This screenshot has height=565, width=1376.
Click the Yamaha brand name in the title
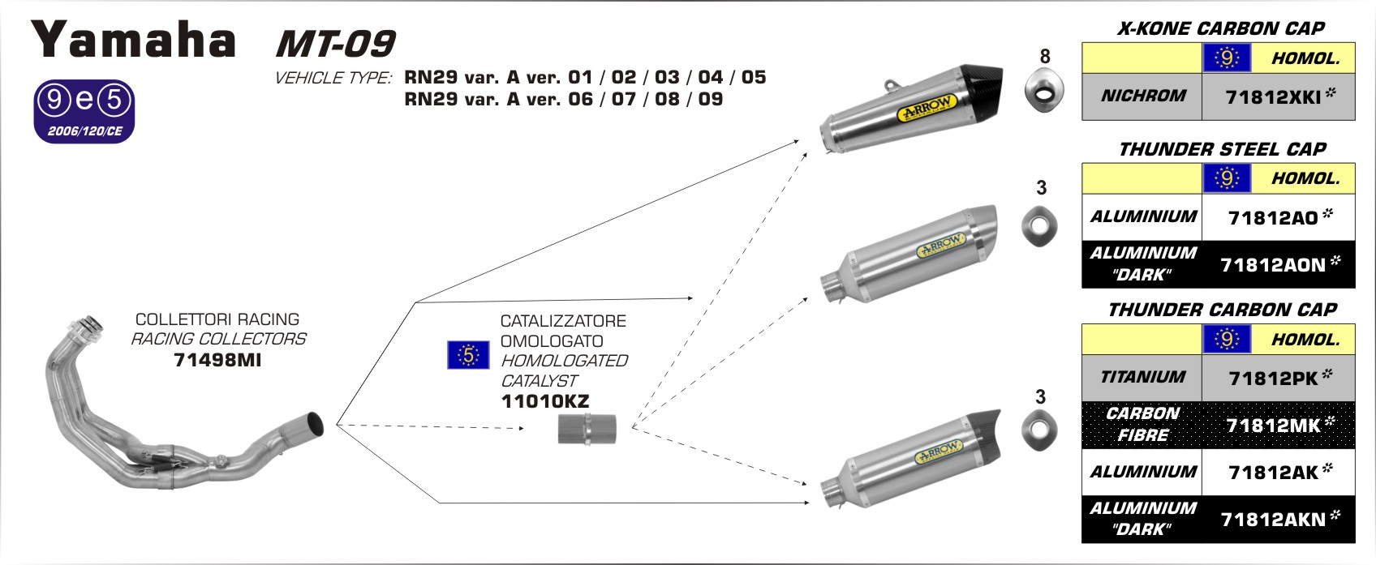(134, 40)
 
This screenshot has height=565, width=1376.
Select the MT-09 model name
(335, 44)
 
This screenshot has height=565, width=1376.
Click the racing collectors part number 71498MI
(217, 360)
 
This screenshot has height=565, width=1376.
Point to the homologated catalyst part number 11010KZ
(544, 401)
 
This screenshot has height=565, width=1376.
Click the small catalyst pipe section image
(587, 429)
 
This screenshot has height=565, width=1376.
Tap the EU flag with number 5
(468, 355)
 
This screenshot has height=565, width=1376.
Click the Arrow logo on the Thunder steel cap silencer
(940, 245)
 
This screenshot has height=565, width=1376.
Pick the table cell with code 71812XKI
(1278, 97)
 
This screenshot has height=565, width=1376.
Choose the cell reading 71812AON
(1278, 265)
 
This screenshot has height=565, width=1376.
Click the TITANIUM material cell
(1142, 377)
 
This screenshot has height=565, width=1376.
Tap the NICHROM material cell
(1142, 96)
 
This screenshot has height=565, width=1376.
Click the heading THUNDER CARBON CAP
(1222, 310)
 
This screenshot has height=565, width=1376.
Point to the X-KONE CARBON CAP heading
(1220, 29)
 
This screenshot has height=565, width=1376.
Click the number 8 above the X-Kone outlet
(1045, 56)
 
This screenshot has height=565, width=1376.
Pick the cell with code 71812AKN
(1278, 520)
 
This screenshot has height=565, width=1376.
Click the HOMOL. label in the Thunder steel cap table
(1305, 178)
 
